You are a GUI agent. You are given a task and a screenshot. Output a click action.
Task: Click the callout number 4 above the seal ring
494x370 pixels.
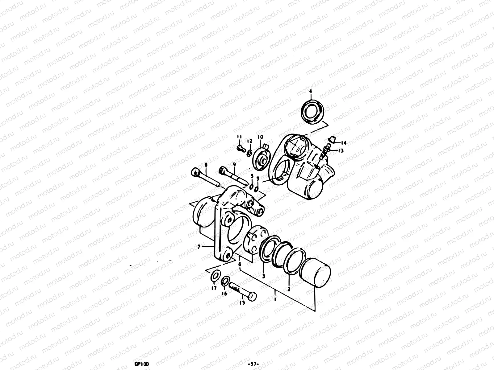(x=311, y=91)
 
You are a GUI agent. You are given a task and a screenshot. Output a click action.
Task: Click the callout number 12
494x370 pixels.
(x=249, y=141)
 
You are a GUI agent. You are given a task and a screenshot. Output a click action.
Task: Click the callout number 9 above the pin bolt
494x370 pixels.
(x=234, y=165)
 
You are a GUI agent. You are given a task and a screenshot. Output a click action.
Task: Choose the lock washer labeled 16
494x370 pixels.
(x=226, y=281)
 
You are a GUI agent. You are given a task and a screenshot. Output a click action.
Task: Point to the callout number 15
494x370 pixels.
(x=242, y=303)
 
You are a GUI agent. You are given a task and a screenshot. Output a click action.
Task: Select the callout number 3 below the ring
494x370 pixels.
(x=263, y=276)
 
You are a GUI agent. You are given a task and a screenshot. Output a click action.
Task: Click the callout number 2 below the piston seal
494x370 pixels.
(x=289, y=289)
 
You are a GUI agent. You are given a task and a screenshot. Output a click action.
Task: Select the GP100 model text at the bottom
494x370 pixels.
(x=140, y=364)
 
